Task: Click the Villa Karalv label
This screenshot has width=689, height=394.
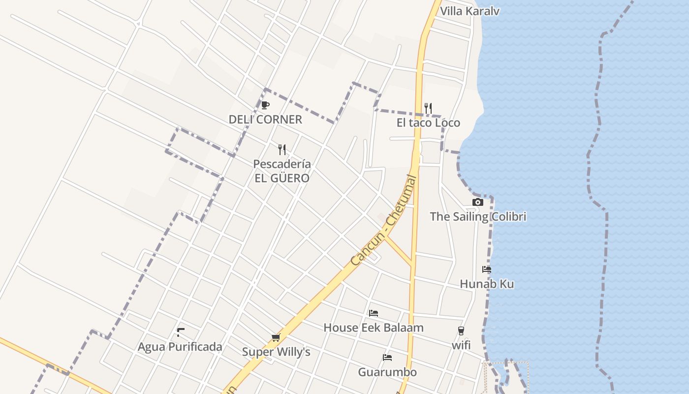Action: pyautogui.click(x=470, y=11)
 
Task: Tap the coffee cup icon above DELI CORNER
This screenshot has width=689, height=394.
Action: pyautogui.click(x=265, y=105)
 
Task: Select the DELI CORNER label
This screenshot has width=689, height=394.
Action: pyautogui.click(x=265, y=119)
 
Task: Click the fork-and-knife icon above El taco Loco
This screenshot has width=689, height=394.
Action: pyautogui.click(x=428, y=108)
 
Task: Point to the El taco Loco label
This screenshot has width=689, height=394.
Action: pyautogui.click(x=428, y=123)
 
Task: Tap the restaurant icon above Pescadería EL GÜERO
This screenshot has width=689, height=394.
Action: pyautogui.click(x=282, y=149)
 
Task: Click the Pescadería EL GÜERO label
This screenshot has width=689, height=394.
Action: pyautogui.click(x=282, y=171)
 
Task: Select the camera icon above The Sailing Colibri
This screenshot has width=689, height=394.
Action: pyautogui.click(x=477, y=202)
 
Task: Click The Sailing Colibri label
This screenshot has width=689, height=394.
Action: pyautogui.click(x=478, y=216)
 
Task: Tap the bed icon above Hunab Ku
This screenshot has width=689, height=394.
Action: pyautogui.click(x=487, y=269)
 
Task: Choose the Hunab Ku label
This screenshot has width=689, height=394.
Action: pyautogui.click(x=487, y=284)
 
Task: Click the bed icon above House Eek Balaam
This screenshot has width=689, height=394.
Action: pyautogui.click(x=374, y=313)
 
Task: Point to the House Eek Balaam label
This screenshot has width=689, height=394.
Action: pyautogui.click(x=374, y=328)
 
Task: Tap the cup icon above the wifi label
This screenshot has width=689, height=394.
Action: pyautogui.click(x=461, y=331)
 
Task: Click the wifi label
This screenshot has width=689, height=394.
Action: pyautogui.click(x=461, y=345)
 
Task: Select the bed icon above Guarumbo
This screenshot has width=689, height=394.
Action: pyautogui.click(x=387, y=358)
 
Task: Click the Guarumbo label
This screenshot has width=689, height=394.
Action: pyautogui.click(x=387, y=372)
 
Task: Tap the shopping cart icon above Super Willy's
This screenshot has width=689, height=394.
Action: pyautogui.click(x=276, y=338)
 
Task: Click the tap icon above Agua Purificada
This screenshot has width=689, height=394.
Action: pyautogui.click(x=181, y=332)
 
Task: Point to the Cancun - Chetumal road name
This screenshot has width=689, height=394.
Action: pyautogui.click(x=384, y=221)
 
